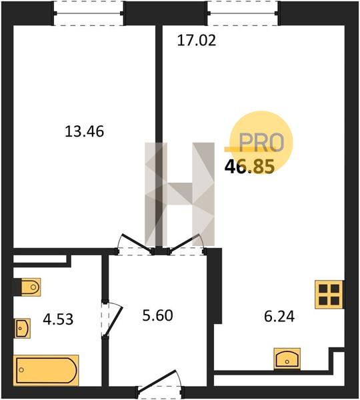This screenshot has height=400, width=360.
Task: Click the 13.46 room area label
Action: (85, 131)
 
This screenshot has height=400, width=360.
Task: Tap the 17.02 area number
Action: (197, 41)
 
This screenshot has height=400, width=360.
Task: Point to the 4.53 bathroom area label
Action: (58, 319)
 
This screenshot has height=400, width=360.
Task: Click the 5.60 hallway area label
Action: (158, 315)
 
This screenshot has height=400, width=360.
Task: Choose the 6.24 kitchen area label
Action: (279, 316)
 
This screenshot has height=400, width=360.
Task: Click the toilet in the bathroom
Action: (31, 287)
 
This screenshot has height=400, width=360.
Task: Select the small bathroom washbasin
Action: (23, 328)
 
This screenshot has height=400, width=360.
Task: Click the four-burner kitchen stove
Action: (329, 295)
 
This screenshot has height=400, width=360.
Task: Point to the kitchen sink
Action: (287, 359)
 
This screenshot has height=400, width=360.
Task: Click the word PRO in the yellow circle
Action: (261, 143)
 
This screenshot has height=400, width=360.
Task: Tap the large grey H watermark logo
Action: (179, 194)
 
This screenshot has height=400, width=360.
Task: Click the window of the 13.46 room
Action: (89, 13)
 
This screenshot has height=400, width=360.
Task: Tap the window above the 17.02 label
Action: (243, 13)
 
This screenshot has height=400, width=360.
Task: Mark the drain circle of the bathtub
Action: (21, 369)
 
